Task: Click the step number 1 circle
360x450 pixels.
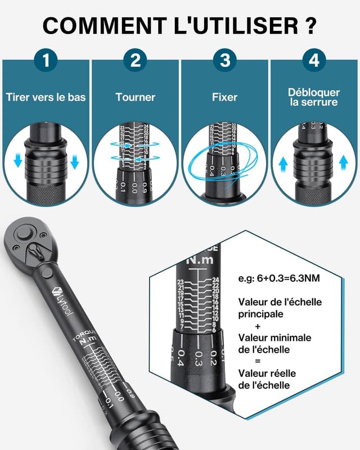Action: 46,60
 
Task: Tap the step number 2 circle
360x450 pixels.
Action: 135,60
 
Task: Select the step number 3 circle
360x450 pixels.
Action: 224,60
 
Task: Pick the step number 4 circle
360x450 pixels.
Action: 314,60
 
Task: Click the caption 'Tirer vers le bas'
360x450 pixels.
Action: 46,97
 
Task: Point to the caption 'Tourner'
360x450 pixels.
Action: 135,97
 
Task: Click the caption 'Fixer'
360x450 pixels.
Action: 224,97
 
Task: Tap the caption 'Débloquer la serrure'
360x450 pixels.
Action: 314,97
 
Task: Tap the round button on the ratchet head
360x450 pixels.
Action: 23,233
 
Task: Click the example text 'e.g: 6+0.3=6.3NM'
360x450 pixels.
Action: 273,278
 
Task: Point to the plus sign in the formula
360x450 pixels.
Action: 258,326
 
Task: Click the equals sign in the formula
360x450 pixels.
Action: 258,361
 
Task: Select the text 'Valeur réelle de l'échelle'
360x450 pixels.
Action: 267,379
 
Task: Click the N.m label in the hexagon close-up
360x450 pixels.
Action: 200,260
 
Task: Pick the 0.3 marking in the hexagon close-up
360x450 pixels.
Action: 199,359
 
